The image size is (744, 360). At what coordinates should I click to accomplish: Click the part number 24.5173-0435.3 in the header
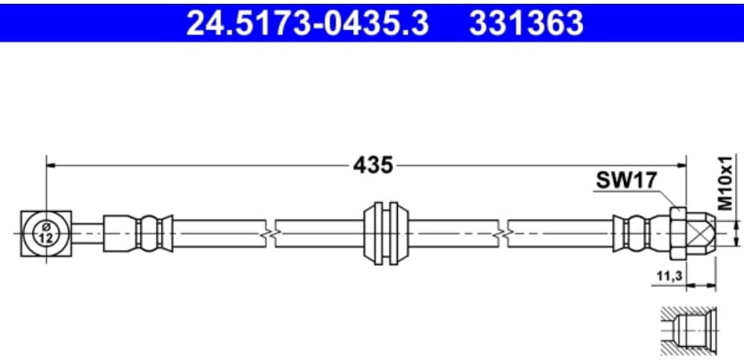(307, 23)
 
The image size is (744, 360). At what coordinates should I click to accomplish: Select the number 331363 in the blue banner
(525, 23)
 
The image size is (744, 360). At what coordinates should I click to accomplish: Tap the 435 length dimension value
(373, 166)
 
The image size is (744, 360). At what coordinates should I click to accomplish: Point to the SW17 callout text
(627, 181)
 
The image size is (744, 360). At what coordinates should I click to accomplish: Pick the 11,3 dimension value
(667, 276)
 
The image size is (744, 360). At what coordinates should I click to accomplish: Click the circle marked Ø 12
(46, 234)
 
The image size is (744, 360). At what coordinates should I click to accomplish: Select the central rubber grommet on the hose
(386, 234)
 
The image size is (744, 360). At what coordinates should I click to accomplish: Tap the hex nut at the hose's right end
(679, 234)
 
